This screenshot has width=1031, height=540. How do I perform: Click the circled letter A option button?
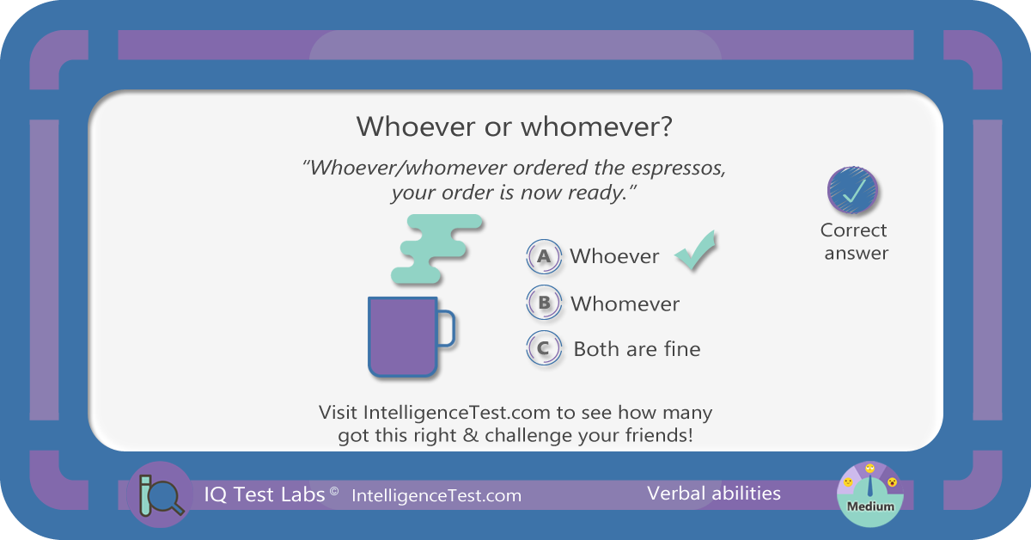point(544,256)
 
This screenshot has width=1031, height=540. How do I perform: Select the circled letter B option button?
point(544,303)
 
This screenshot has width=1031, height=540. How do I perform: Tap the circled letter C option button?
point(544,348)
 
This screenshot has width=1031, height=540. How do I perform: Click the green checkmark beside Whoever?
point(696,250)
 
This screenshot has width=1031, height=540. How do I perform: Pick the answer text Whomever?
point(625,304)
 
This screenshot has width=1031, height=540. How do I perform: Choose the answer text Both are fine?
point(637,349)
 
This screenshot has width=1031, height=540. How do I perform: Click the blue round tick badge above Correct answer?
point(852,190)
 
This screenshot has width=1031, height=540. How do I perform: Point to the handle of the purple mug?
point(446,328)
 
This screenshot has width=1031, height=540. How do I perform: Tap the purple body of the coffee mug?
point(402,337)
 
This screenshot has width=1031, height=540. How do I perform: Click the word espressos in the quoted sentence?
point(679,169)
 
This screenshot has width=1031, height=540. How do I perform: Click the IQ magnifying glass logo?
point(160,494)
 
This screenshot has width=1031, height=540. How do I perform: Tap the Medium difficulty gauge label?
point(870,506)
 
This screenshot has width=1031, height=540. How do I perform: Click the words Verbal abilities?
point(714,494)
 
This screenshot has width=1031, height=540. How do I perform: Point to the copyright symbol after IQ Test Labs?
point(334,491)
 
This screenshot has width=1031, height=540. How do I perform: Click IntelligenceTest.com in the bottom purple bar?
point(436,496)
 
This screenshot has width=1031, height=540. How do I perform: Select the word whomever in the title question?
point(596,126)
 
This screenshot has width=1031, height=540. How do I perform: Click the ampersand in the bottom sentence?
point(471,435)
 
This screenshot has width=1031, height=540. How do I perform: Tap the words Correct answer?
point(855,242)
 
